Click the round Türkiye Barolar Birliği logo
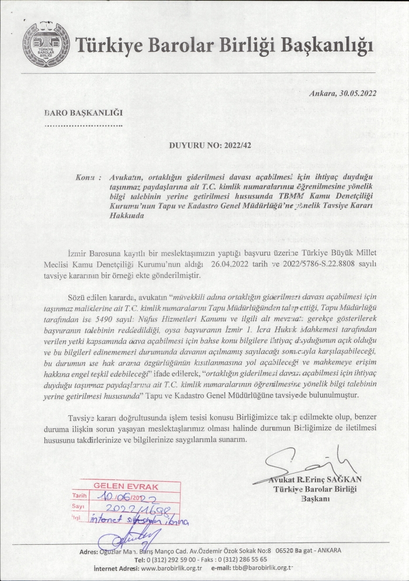[46, 44]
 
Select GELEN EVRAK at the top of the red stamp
[119, 485]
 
